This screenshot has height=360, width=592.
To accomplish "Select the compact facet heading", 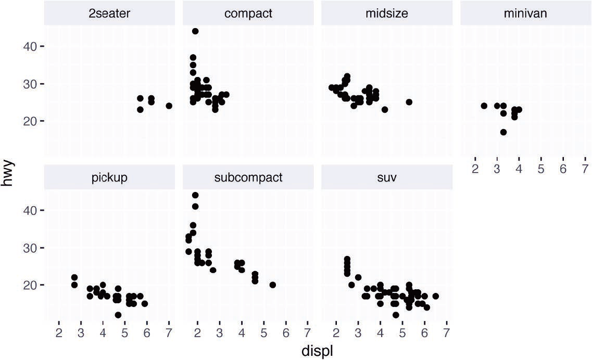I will [x=248, y=14].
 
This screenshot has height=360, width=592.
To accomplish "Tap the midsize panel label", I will [x=386, y=14].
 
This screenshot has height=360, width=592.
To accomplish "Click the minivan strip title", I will [x=525, y=14].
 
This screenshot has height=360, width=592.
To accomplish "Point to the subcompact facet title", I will [x=248, y=177].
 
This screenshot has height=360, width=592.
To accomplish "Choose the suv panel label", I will [x=386, y=177].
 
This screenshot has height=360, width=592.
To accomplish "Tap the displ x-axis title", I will [x=317, y=351].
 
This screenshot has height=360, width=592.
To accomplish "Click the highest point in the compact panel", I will [x=195, y=31].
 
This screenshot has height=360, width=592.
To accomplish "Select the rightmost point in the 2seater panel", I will [x=169, y=106].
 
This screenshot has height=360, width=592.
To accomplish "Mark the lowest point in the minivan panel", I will [x=503, y=132].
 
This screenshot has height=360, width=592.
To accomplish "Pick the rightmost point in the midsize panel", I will [x=409, y=102].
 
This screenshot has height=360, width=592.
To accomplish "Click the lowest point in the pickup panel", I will [x=118, y=315].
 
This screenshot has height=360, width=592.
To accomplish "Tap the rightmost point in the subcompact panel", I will [x=272, y=285].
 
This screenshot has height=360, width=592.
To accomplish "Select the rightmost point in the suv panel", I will [x=435, y=296].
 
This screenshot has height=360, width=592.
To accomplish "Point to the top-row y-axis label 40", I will [x=29, y=46].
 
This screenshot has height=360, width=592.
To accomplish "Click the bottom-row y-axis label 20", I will [x=29, y=285].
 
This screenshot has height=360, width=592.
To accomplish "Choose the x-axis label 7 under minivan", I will [x=585, y=169].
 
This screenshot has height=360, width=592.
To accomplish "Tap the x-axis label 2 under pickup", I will [x=59, y=332].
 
